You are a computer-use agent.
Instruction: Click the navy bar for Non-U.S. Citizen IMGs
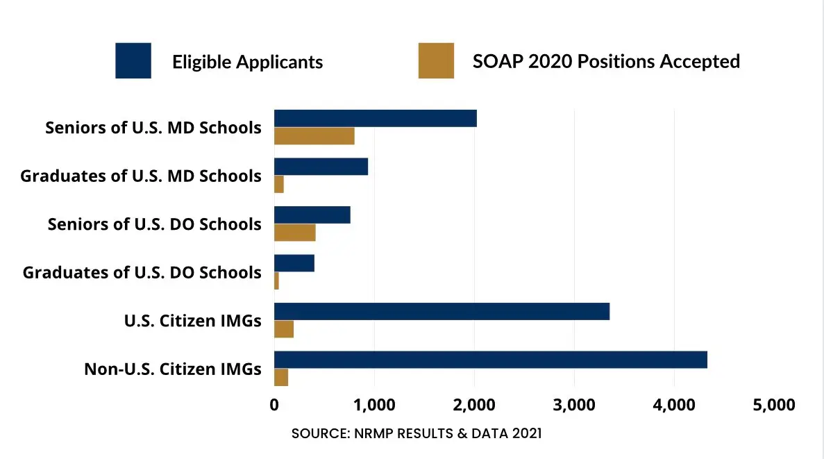point(490,360)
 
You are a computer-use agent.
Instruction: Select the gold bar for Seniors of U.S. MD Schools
point(314,136)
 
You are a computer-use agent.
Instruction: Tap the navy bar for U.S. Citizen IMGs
point(442,312)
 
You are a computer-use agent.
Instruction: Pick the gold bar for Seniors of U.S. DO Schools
point(294,233)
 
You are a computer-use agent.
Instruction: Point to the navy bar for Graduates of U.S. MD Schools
point(321,167)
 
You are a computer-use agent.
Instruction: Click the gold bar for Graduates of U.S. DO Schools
point(276,281)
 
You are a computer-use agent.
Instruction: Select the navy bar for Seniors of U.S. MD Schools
point(375,119)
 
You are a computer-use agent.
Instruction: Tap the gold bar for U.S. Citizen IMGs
point(283,329)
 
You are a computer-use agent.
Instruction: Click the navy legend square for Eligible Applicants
point(133,61)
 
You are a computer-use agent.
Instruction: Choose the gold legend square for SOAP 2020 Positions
point(436,61)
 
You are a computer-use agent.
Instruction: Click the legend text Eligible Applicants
point(247,62)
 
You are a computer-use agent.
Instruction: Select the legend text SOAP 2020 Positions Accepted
point(606,61)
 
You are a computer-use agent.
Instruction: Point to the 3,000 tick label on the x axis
point(573,405)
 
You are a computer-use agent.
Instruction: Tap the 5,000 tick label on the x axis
point(773,405)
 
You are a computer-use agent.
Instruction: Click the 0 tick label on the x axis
point(274,405)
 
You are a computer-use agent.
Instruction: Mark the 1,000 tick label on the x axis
point(374,405)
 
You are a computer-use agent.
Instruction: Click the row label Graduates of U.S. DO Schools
point(142,272)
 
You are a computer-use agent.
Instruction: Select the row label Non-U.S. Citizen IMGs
point(173,369)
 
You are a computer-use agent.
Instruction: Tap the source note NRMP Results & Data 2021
point(417,434)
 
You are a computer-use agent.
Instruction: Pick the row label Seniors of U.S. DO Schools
point(154,224)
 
